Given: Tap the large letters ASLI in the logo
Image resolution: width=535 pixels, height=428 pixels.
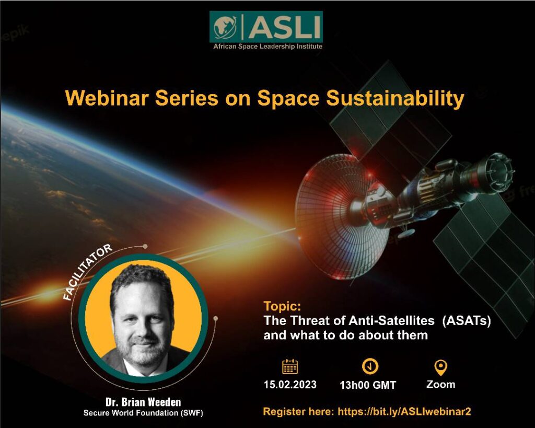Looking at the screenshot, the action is pyautogui.click(x=283, y=27).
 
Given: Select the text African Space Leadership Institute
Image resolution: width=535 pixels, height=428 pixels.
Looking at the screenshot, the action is pyautogui.click(x=268, y=47).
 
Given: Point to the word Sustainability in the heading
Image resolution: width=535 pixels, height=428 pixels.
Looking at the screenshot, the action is pyautogui.click(x=395, y=99).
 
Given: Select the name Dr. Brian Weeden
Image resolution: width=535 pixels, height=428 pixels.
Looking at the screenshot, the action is pyautogui.click(x=143, y=402).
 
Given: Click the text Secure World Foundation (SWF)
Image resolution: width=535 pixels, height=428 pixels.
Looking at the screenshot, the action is pyautogui.click(x=143, y=413).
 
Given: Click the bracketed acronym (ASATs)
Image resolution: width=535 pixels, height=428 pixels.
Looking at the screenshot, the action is pyautogui.click(x=467, y=321).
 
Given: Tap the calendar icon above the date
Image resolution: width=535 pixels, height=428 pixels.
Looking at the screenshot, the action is pyautogui.click(x=290, y=366).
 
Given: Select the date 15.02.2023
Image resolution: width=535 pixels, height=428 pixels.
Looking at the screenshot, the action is pyautogui.click(x=290, y=385).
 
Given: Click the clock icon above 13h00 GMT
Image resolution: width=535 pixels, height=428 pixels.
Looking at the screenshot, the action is pyautogui.click(x=370, y=366).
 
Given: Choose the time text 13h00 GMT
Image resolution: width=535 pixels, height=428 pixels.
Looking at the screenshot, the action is pyautogui.click(x=368, y=385).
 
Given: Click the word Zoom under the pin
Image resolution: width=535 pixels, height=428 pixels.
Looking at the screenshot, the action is pyautogui.click(x=441, y=384).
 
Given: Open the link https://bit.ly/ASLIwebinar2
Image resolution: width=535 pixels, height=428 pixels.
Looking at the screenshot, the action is pyautogui.click(x=404, y=412).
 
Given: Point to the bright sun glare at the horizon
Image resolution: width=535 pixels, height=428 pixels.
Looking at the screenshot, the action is pyautogui.click(x=48, y=292).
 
